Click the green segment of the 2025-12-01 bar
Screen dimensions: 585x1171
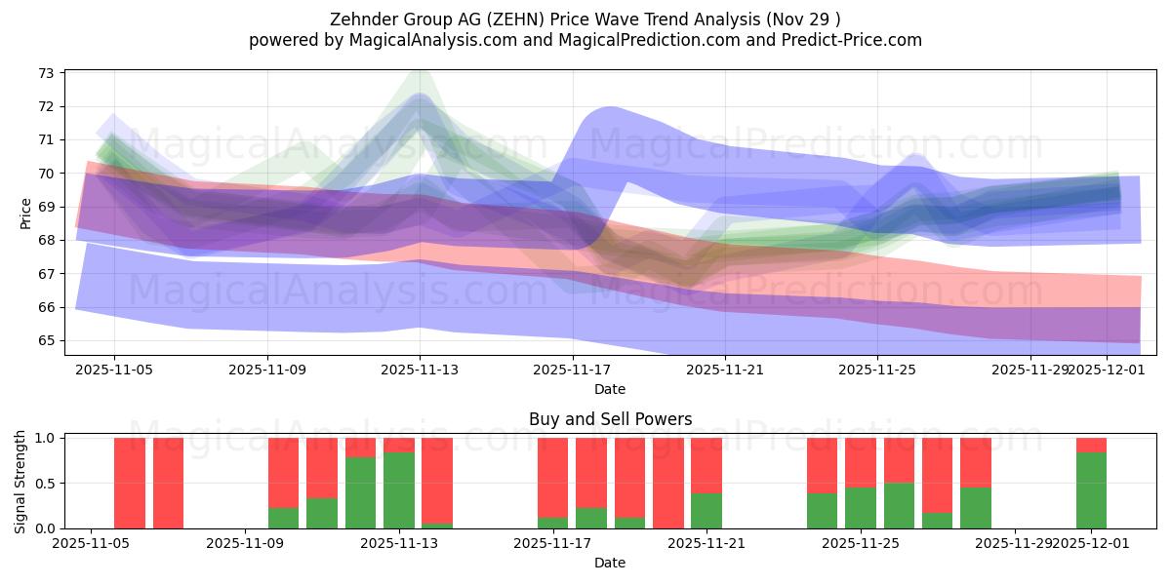click(1091, 490)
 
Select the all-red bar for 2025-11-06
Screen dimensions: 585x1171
click(130, 484)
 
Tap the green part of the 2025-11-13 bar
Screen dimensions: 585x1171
click(399, 490)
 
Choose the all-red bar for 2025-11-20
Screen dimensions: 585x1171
click(668, 484)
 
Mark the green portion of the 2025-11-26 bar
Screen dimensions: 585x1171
click(899, 506)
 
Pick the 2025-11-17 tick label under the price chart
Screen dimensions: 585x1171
click(573, 370)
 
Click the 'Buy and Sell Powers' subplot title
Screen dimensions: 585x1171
click(610, 419)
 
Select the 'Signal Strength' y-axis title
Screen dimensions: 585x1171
click(20, 483)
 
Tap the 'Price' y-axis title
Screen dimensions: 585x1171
click(26, 213)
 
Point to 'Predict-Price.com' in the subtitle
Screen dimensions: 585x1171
click(855, 40)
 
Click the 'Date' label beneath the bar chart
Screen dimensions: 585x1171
click(610, 563)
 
